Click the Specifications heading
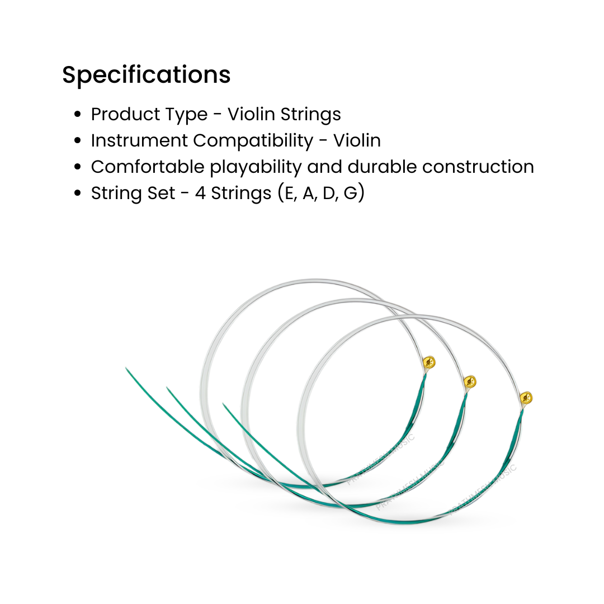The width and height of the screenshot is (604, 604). [146, 75]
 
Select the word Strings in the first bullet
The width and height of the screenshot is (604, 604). [311, 114]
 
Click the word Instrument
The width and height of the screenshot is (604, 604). [139, 140]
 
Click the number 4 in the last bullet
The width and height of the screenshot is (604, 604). [200, 194]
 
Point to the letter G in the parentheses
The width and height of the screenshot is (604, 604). [350, 194]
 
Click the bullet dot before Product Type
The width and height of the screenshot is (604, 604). [78, 115]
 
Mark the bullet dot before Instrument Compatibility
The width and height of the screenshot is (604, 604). [78, 141]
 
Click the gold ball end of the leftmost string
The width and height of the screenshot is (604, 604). [429, 361]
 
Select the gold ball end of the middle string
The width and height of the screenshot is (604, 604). [470, 383]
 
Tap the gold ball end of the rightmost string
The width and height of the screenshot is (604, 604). [526, 398]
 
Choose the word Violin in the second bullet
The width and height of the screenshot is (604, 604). [357, 140]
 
